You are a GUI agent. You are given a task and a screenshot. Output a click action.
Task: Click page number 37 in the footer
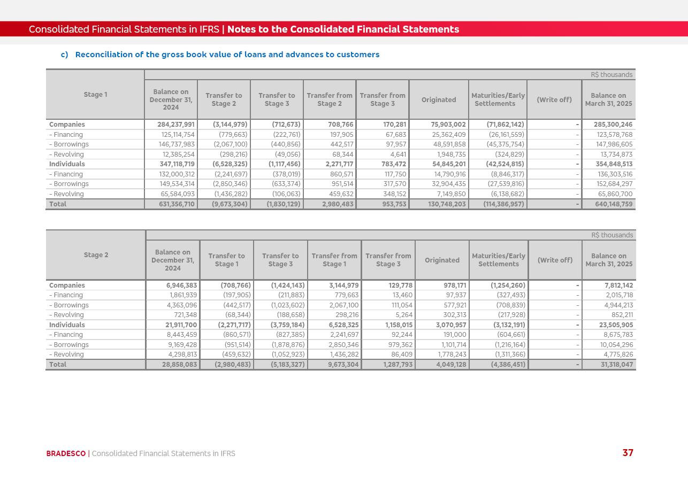[x=628, y=453]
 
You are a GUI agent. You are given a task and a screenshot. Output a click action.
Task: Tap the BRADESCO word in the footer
[x=66, y=453]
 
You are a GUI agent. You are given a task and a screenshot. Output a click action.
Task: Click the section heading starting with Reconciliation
[x=227, y=55]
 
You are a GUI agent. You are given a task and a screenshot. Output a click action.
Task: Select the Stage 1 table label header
[x=95, y=95]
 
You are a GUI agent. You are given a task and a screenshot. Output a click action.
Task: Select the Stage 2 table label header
[x=96, y=255]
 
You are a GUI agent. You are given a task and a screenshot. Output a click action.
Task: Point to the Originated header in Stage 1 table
[x=439, y=99]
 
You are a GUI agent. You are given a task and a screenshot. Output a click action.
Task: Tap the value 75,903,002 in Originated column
[x=448, y=125]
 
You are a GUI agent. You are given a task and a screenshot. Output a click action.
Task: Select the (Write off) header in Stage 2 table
[x=555, y=260]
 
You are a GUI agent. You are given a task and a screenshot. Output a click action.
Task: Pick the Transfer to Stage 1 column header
[x=226, y=260]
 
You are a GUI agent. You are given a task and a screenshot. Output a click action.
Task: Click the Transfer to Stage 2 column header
[x=224, y=99]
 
